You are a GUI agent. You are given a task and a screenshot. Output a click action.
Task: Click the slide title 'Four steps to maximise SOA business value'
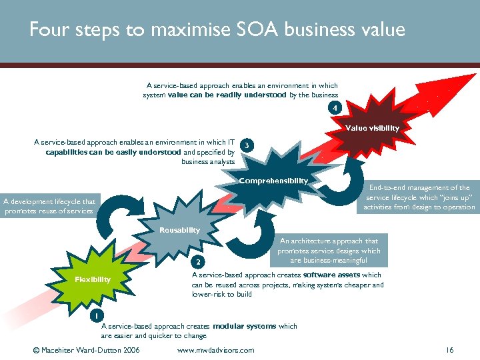[217, 30]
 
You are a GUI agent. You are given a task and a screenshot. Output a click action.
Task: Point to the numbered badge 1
[97, 315]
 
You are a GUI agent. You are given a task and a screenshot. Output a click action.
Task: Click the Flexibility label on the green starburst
[93, 279]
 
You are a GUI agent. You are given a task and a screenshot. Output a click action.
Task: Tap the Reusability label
[179, 230]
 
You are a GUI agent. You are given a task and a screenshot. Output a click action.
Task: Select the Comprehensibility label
[273, 181]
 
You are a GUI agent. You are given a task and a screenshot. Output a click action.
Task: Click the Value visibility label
[372, 128]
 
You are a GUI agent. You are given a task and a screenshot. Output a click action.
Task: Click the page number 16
[449, 350]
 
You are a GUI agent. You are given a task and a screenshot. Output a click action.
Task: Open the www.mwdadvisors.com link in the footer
[216, 350]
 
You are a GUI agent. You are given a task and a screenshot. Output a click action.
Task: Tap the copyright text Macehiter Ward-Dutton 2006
[86, 350]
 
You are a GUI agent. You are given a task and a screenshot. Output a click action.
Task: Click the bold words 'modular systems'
[244, 327]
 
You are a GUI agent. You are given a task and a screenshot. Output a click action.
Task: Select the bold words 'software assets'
[331, 275]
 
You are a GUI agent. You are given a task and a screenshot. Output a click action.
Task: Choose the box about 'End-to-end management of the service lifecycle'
[419, 197]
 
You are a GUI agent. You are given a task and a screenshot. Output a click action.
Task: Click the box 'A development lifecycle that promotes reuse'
[49, 206]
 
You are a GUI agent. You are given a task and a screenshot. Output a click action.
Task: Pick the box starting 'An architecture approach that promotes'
[329, 251]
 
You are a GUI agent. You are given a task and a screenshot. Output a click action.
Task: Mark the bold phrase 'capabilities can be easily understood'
[113, 152]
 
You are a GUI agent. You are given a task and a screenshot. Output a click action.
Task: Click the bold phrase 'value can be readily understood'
[227, 95]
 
